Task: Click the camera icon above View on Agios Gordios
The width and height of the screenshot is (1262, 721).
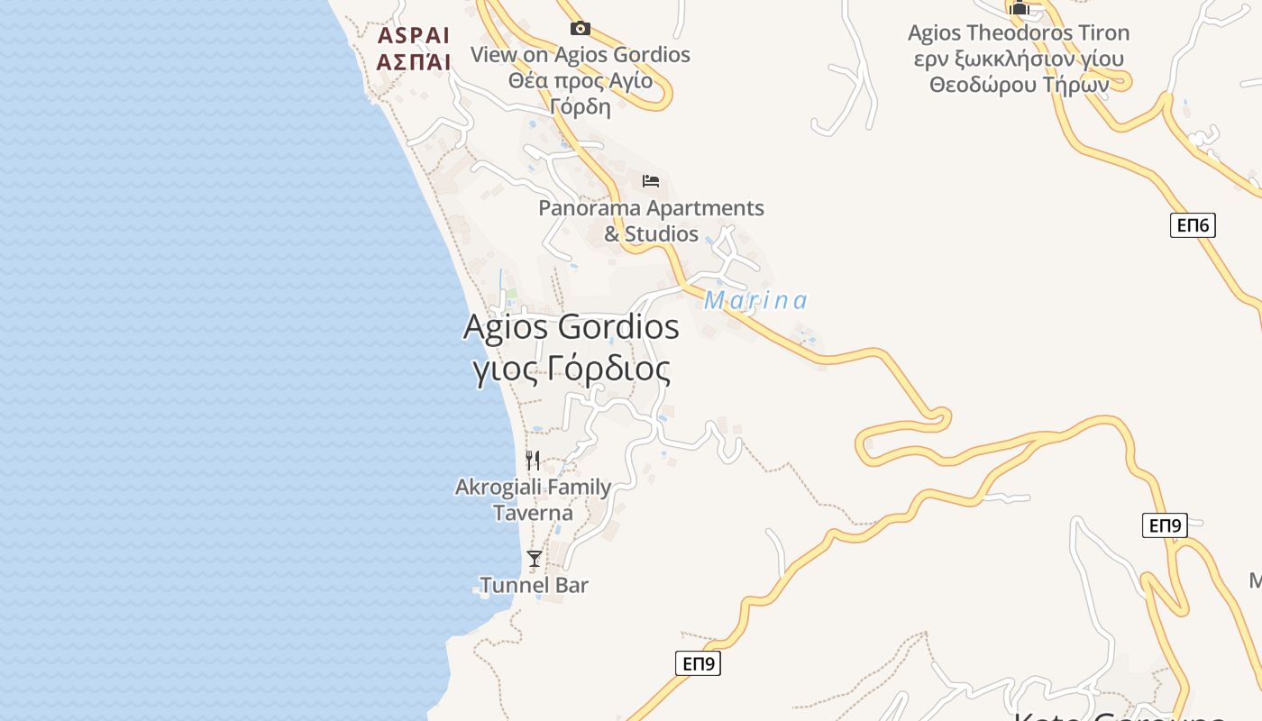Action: point(581,28)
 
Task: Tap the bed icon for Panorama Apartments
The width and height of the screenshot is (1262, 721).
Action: point(651,180)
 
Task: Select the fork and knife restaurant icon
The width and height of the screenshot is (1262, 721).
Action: point(533,461)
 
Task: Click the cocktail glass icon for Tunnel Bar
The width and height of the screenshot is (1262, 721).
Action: point(535,559)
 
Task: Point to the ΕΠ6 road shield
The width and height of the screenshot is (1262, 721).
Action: point(1193,224)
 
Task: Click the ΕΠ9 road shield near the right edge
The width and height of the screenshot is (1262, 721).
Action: point(1165,525)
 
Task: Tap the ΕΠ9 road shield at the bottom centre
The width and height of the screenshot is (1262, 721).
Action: point(698,663)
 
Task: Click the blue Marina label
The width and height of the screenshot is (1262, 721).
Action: point(755,300)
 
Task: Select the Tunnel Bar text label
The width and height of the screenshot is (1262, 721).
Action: point(534,585)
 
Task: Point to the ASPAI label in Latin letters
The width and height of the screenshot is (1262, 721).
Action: point(413,35)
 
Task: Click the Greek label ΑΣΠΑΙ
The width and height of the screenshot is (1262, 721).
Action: point(413,62)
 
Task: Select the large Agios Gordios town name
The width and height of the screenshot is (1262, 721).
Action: point(571,326)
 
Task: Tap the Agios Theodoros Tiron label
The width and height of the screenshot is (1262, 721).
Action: point(1018,33)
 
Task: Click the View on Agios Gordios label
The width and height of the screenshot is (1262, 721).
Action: point(581,54)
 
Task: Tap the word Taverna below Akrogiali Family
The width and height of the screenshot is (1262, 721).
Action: point(533,513)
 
